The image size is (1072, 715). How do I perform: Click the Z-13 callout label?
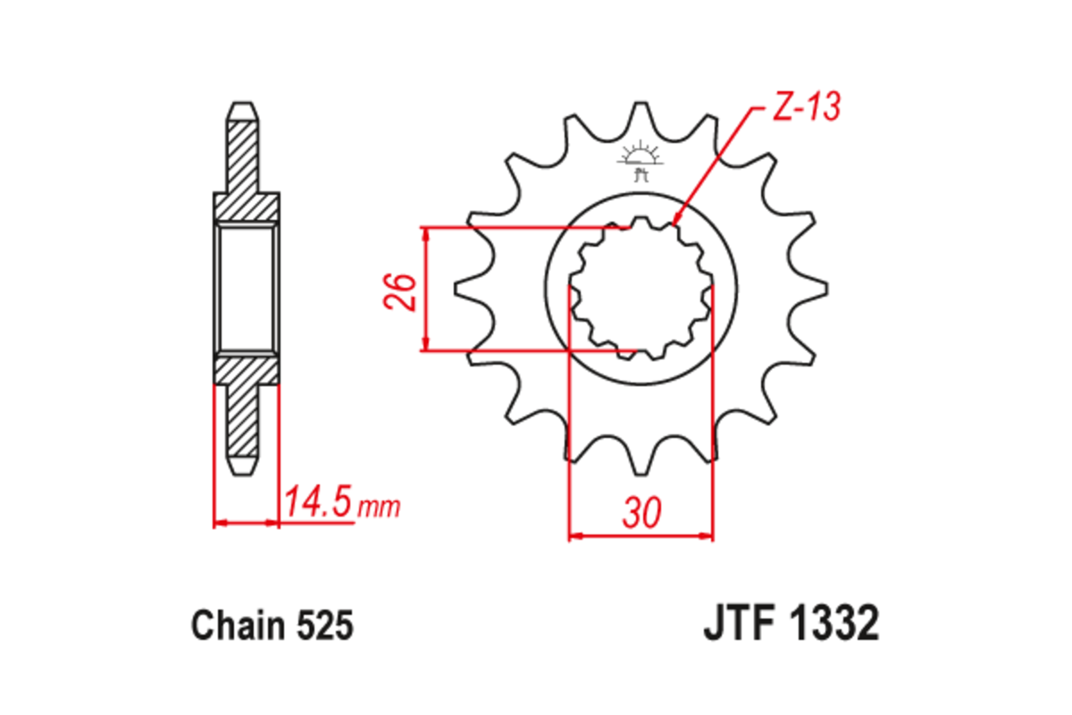[805, 108]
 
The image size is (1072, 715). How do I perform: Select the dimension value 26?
[402, 290]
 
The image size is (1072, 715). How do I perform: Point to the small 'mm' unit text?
[378, 508]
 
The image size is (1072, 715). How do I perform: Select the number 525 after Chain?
[323, 626]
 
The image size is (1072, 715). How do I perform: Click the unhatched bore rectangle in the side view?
[246, 290]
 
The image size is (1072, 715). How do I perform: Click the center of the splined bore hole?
[641, 289]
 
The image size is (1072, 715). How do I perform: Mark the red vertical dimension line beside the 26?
[427, 290]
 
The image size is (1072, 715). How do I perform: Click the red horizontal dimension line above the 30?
[641, 536]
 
